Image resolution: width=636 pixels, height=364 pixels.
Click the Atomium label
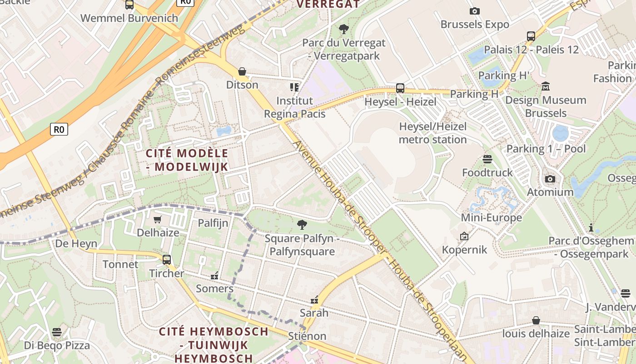click(x=550, y=192)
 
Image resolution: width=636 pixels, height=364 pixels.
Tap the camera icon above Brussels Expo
click(x=475, y=11)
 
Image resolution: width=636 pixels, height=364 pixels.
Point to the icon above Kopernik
click(x=464, y=237)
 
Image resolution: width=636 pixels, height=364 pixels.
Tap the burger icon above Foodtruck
click(x=487, y=159)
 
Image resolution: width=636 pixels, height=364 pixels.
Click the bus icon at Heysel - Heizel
click(x=400, y=88)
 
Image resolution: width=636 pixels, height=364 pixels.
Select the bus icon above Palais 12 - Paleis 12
click(x=531, y=36)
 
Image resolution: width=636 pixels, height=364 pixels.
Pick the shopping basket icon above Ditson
click(x=242, y=72)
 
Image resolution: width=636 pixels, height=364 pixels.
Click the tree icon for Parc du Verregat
click(x=344, y=30)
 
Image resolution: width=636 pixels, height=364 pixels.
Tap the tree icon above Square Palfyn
click(x=301, y=225)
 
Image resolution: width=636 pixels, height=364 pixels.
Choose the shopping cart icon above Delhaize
click(x=158, y=220)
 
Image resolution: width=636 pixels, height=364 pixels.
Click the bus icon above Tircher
click(x=167, y=260)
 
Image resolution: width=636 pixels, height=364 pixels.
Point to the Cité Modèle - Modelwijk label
click(x=187, y=160)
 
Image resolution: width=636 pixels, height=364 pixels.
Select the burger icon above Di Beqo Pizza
click(x=57, y=332)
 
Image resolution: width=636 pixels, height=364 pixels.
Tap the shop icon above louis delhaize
click(x=536, y=321)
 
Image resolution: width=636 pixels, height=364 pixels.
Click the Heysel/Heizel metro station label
click(x=432, y=133)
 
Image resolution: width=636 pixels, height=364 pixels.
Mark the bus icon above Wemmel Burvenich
click(x=129, y=5)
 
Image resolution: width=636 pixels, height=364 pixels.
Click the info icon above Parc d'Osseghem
click(x=591, y=227)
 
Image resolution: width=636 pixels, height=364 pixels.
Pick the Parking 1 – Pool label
click(x=546, y=149)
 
